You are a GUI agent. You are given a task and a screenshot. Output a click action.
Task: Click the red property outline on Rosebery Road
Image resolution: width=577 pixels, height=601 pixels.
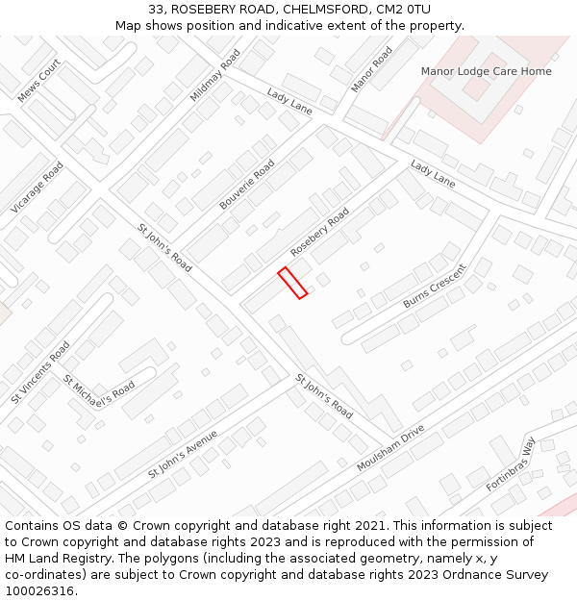click(x=292, y=283)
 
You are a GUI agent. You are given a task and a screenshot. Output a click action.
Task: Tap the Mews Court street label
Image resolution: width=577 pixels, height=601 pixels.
click(x=39, y=80)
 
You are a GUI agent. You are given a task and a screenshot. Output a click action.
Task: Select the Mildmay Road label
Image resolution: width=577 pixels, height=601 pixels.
click(x=214, y=76)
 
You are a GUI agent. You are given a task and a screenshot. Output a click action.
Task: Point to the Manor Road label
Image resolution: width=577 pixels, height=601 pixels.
click(x=371, y=69)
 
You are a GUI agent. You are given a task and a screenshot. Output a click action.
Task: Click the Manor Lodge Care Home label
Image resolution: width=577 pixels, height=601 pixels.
click(x=486, y=71)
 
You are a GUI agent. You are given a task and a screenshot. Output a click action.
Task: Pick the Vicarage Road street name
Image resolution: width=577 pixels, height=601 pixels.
click(x=38, y=188)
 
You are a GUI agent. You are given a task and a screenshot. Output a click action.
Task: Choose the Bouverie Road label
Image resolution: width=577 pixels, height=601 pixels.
click(x=247, y=185)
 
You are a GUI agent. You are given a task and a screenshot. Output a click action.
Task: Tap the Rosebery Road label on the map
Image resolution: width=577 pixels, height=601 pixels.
click(x=320, y=233)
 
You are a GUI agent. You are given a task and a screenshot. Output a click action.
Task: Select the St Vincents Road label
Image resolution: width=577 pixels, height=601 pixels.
click(x=40, y=372)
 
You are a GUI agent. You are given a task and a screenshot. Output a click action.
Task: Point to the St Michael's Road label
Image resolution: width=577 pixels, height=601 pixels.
click(x=99, y=389)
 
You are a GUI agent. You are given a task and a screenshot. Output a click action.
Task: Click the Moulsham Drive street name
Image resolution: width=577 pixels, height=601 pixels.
click(x=389, y=449)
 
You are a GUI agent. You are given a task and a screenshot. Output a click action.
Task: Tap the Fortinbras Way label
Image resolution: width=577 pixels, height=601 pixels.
click(x=511, y=463)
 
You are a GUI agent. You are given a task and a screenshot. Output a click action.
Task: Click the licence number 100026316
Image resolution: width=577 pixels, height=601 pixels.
click(x=39, y=591)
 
